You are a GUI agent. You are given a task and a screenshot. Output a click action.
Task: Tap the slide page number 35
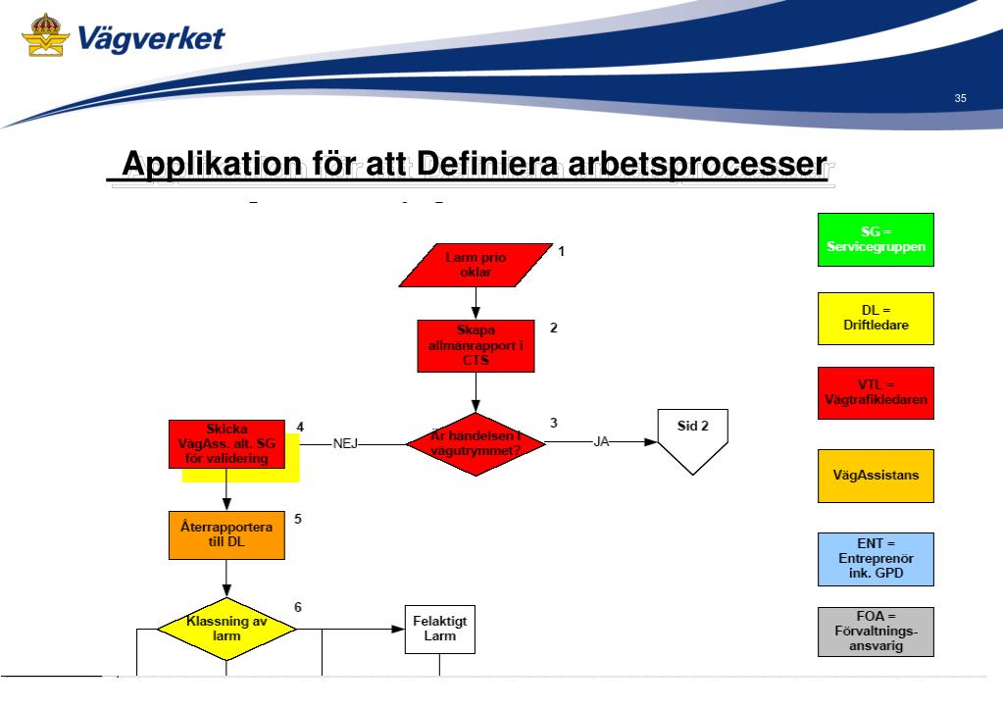click(959, 98)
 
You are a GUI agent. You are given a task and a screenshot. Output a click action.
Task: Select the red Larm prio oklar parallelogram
click(476, 264)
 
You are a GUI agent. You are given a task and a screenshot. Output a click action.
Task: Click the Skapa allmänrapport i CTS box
click(476, 346)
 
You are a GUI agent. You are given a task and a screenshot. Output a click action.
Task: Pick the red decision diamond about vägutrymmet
click(476, 443)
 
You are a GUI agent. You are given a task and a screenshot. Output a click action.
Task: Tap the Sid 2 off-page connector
click(693, 440)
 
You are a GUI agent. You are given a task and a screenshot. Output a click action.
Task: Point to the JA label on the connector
click(602, 442)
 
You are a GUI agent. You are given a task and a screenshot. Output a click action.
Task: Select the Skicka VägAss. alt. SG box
click(226, 444)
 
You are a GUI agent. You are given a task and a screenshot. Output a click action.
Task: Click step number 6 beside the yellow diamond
click(298, 607)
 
